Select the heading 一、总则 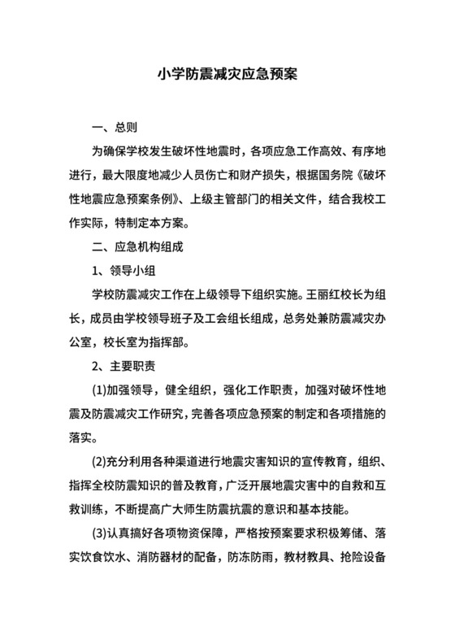click(115, 128)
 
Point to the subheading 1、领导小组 click(123, 268)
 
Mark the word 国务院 click(334, 175)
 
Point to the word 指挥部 click(171, 339)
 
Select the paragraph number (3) click(102, 535)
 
